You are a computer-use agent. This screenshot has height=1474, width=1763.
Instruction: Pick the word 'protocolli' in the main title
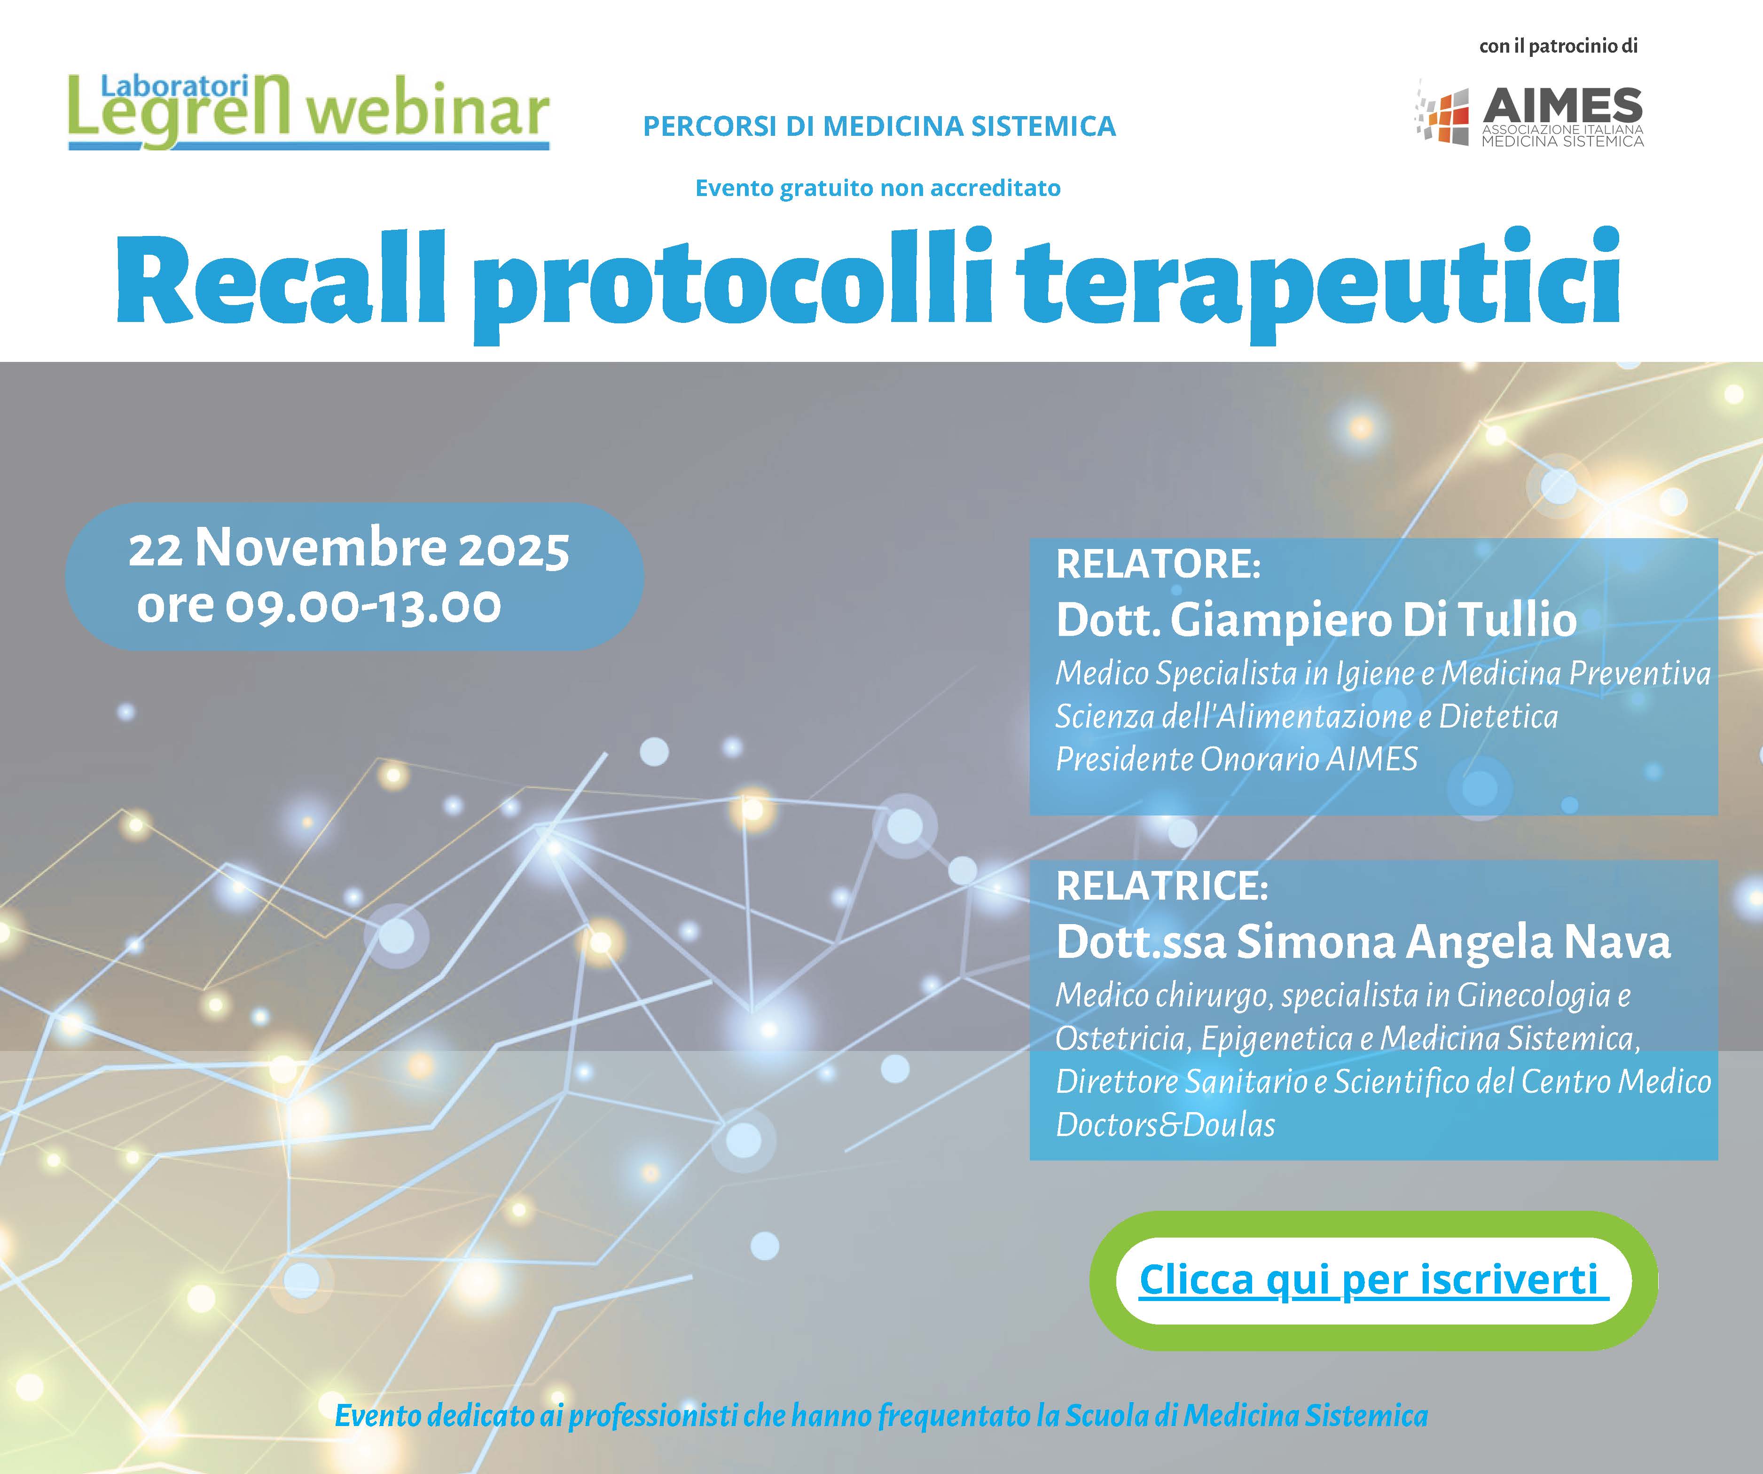pyautogui.click(x=733, y=285)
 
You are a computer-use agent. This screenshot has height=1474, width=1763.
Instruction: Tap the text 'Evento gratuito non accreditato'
pyautogui.click(x=878, y=188)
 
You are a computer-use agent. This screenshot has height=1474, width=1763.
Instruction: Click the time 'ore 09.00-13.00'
pyautogui.click(x=319, y=605)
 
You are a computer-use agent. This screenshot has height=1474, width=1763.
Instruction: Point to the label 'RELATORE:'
pyautogui.click(x=1158, y=564)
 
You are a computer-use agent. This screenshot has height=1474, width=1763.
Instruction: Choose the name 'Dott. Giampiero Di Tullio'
pyautogui.click(x=1316, y=619)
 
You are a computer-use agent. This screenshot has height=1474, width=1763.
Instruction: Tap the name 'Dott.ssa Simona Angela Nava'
pyautogui.click(x=1363, y=942)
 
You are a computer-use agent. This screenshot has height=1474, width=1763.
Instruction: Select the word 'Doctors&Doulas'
pyautogui.click(x=1165, y=1125)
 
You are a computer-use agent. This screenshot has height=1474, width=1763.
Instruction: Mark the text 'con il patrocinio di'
pyautogui.click(x=1558, y=46)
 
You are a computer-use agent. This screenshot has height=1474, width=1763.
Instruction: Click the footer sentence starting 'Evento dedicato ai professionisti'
pyautogui.click(x=882, y=1416)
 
